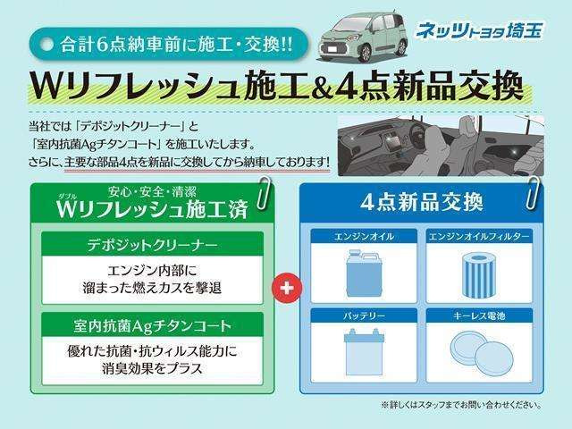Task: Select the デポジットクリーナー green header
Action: pos(151,243)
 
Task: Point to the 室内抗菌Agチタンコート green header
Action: pos(151,323)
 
